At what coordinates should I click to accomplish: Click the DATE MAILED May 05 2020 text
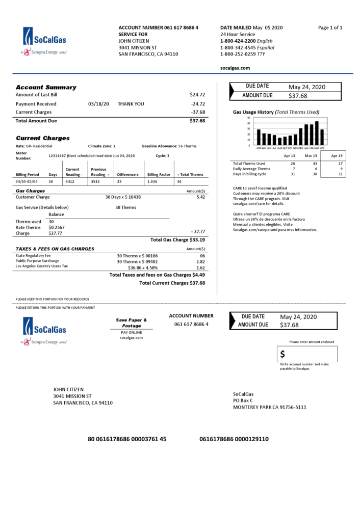point(251,27)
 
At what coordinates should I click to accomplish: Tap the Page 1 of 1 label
point(330,27)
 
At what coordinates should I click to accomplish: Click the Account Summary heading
point(46,87)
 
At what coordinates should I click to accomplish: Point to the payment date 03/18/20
point(98,104)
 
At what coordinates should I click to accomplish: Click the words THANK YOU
point(131,104)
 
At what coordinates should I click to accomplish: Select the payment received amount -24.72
point(198,104)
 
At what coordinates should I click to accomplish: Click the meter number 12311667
point(57,155)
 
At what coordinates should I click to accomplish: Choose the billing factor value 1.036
point(152,181)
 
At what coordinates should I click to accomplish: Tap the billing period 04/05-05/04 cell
point(28,181)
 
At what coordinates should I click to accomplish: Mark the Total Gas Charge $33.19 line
point(177,239)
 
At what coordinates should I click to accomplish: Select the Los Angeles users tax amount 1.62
point(200,267)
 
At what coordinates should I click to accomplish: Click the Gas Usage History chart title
point(276,112)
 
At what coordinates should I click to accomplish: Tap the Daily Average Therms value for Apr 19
point(341,169)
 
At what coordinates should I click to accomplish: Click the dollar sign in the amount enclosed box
point(282,354)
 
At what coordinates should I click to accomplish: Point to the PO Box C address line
point(243,400)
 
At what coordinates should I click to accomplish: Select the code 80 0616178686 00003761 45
point(127,439)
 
